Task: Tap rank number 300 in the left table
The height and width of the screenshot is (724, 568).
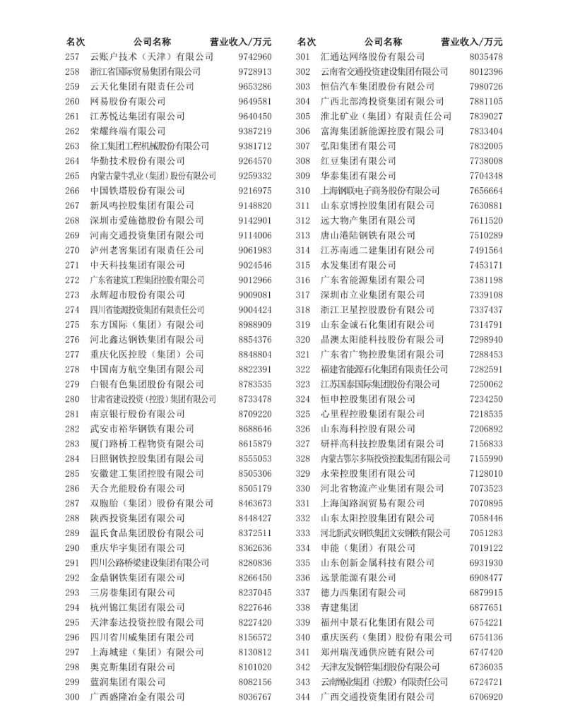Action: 72,696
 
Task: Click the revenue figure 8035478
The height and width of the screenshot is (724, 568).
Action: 486,57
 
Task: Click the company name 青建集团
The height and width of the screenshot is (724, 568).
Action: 340,607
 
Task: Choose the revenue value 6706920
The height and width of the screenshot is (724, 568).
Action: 486,696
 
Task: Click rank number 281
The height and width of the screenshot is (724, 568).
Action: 72,413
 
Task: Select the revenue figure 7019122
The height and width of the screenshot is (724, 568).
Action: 486,548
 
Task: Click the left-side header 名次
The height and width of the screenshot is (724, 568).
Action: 76,42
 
